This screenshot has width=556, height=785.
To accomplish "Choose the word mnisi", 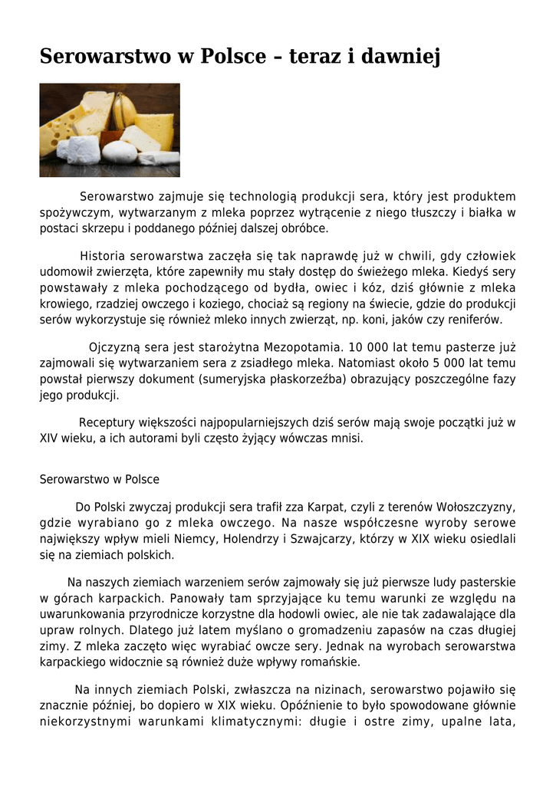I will tap(346, 438).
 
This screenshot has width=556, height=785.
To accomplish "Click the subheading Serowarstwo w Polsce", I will tap(100, 479).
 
